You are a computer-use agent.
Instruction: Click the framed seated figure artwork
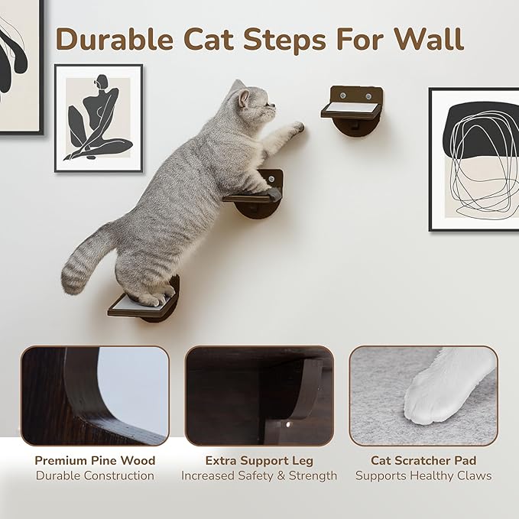99,118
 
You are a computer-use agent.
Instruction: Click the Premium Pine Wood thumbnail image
95,395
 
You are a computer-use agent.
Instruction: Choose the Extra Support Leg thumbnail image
259,395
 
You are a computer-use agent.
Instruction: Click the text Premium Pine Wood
95,460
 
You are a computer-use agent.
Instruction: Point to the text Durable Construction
95,475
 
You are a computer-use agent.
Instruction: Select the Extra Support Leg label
259,460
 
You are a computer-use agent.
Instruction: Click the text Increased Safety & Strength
259,475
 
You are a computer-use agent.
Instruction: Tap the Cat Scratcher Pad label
423,460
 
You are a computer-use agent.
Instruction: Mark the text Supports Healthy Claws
423,475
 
